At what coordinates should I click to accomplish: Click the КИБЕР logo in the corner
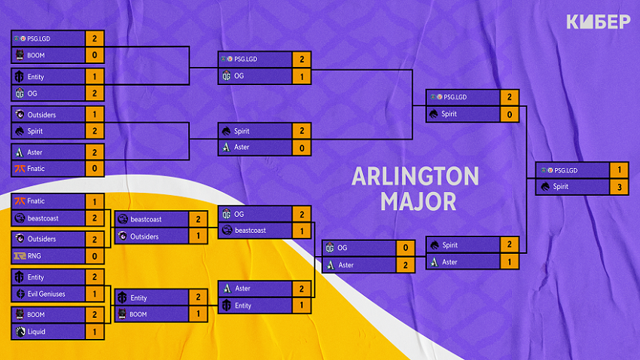pos(598,23)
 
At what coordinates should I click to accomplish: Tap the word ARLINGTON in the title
pos(415,177)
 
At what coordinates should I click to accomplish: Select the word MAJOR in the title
pos(416,201)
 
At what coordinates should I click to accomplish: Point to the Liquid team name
pos(38,331)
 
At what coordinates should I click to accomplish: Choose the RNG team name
pos(35,255)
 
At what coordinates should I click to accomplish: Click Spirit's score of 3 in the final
pos(618,186)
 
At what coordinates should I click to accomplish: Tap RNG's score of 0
pos(94,255)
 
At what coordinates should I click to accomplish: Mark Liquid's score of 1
pos(94,331)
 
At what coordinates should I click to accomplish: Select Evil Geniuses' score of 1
pos(94,294)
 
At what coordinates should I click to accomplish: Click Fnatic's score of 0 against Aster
pos(94,169)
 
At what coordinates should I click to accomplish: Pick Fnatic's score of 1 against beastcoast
pos(94,201)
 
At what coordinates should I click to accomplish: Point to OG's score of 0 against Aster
pos(406,248)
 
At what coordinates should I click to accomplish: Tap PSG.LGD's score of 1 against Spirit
pos(618,169)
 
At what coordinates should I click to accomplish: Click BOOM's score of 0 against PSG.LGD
pos(94,54)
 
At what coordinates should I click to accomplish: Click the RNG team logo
pos(20,255)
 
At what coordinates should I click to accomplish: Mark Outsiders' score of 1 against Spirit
pos(94,114)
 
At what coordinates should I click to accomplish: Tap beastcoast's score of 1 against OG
pos(300,230)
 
